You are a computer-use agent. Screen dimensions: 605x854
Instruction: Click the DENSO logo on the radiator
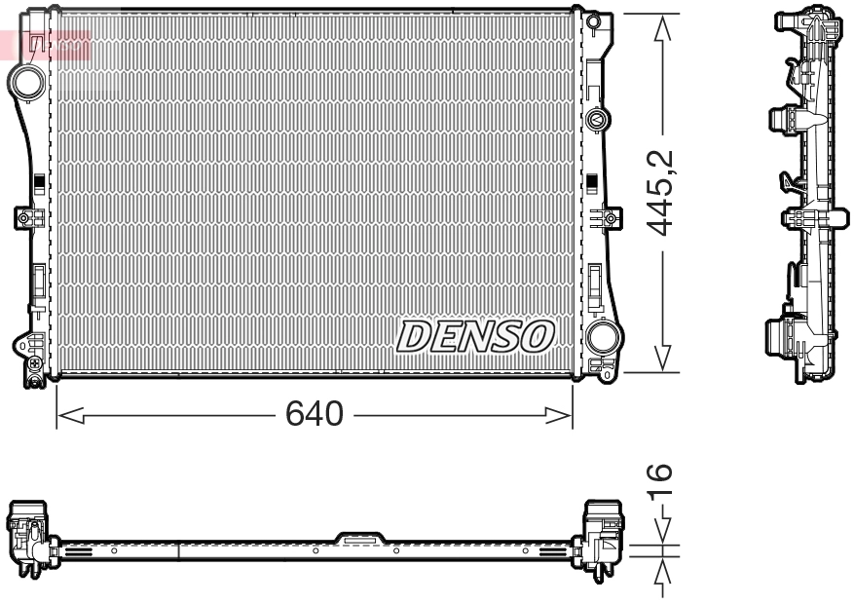475,336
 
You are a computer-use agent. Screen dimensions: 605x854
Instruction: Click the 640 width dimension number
314,415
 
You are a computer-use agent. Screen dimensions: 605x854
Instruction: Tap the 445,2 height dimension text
662,192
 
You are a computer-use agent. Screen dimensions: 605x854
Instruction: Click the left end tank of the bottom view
29,536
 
